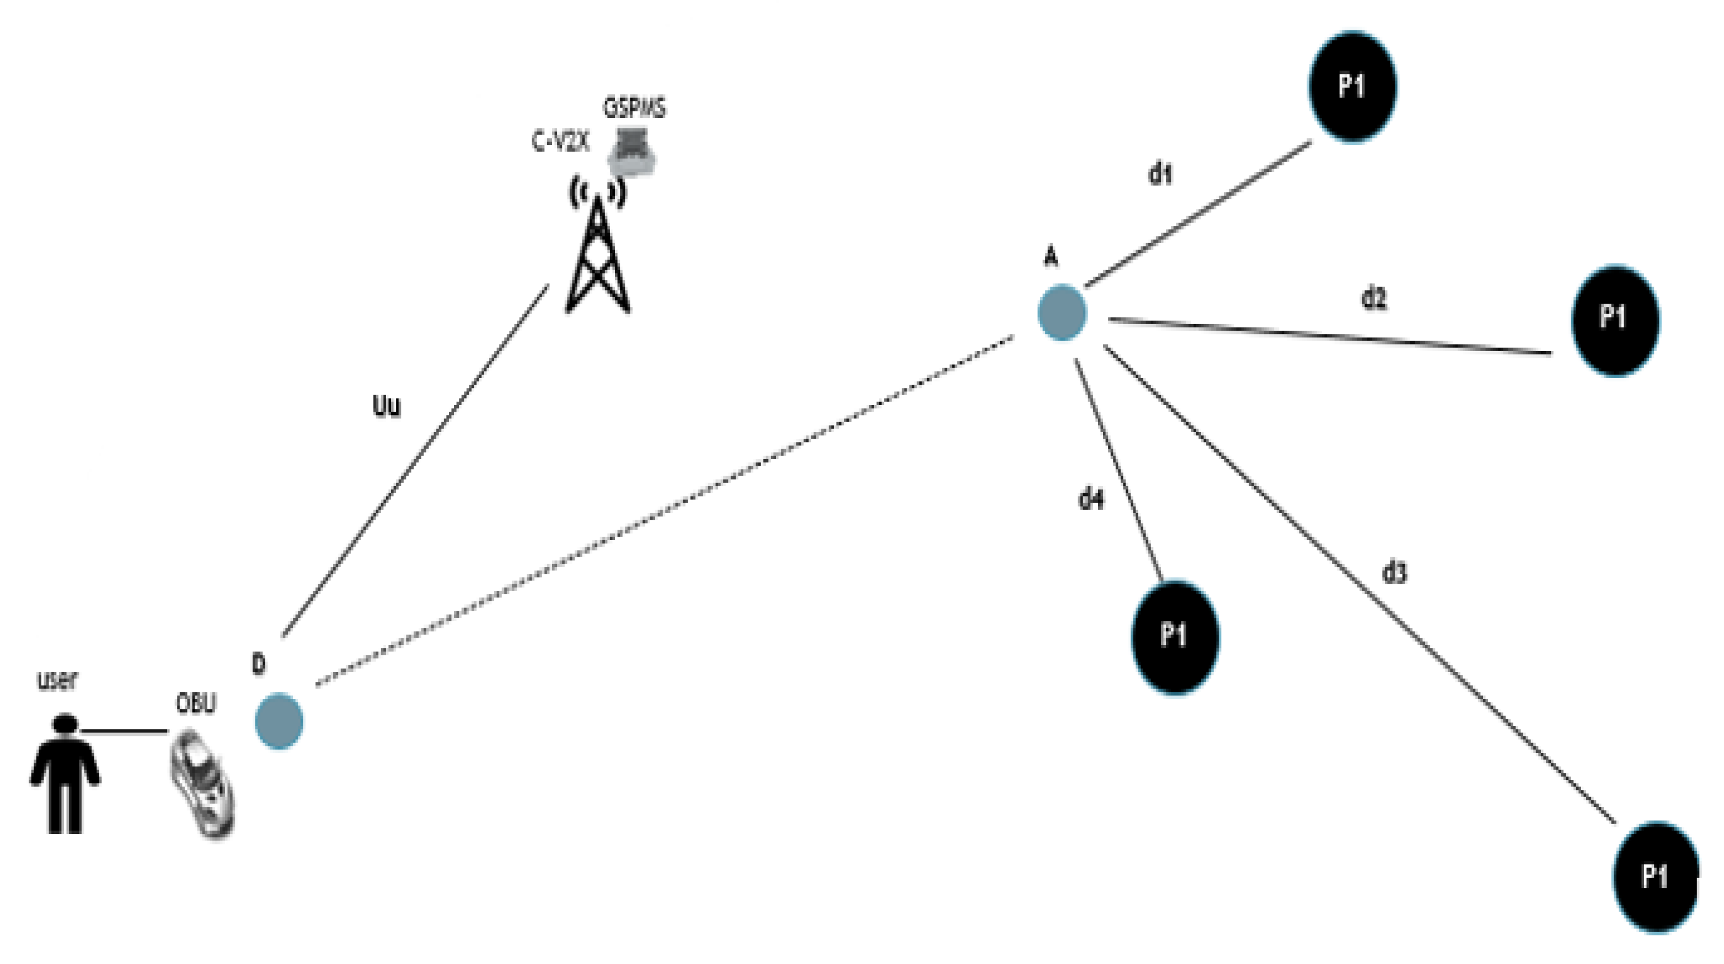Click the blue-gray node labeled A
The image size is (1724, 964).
point(1062,313)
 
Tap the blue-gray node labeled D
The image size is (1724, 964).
point(279,720)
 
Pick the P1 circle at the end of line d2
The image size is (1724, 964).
point(1615,320)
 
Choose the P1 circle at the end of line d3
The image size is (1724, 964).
point(1656,876)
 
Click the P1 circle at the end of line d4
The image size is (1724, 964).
point(1175,637)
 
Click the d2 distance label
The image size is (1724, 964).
point(1374,298)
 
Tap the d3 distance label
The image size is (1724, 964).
point(1395,573)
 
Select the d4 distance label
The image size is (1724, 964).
point(1091,498)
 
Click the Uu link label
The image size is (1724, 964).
point(386,406)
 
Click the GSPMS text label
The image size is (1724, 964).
point(634,107)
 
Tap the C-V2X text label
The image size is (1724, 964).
point(560,141)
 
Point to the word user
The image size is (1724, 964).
point(57,680)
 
